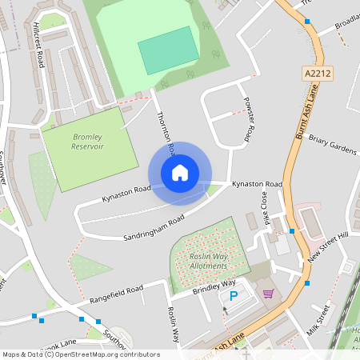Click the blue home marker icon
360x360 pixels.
coord(180,173)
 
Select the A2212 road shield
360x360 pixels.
coord(317,72)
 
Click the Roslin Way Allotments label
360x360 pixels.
coord(202,262)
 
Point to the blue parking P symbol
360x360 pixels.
coord(234,296)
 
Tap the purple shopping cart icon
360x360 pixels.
coord(267,293)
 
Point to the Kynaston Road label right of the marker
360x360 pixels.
coord(257,184)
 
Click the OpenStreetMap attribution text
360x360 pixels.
coord(81,354)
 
